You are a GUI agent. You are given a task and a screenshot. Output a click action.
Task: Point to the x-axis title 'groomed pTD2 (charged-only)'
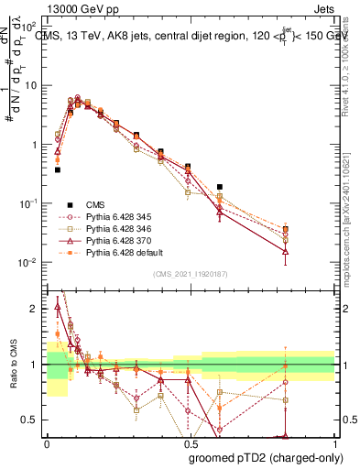263,457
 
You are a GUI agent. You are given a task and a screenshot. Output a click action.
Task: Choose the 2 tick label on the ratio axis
33,309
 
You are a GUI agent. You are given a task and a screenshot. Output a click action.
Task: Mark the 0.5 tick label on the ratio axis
29,420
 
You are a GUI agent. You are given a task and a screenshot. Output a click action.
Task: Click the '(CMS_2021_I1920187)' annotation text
190,274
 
